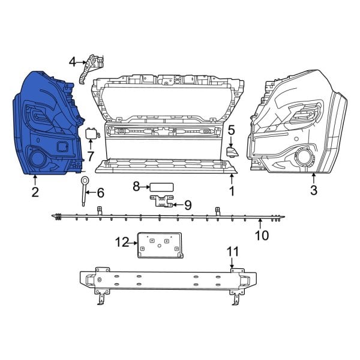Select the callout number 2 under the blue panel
coord(35,192)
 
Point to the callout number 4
coord(73,61)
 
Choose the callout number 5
coord(231,129)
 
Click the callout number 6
coord(100,193)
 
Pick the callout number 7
coord(91,157)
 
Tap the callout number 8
coord(136,187)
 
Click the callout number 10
coord(262,235)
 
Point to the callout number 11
coord(232,251)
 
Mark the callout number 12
coord(122,242)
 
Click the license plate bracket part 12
coord(159,245)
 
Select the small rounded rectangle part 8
coord(162,187)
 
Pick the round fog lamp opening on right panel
coord(302,160)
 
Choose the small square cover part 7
coord(92,133)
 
